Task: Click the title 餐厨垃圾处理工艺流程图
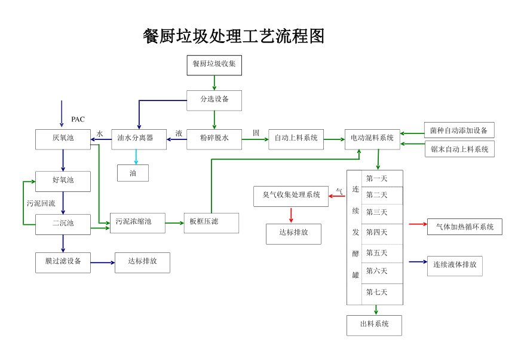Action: click(234, 36)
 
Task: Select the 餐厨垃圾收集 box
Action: click(214, 65)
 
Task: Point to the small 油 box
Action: click(133, 173)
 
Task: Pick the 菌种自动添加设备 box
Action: click(459, 130)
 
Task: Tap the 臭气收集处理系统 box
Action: click(291, 196)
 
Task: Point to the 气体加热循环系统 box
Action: click(465, 227)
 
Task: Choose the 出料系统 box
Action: click(374, 325)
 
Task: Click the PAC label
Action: click(78, 120)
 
